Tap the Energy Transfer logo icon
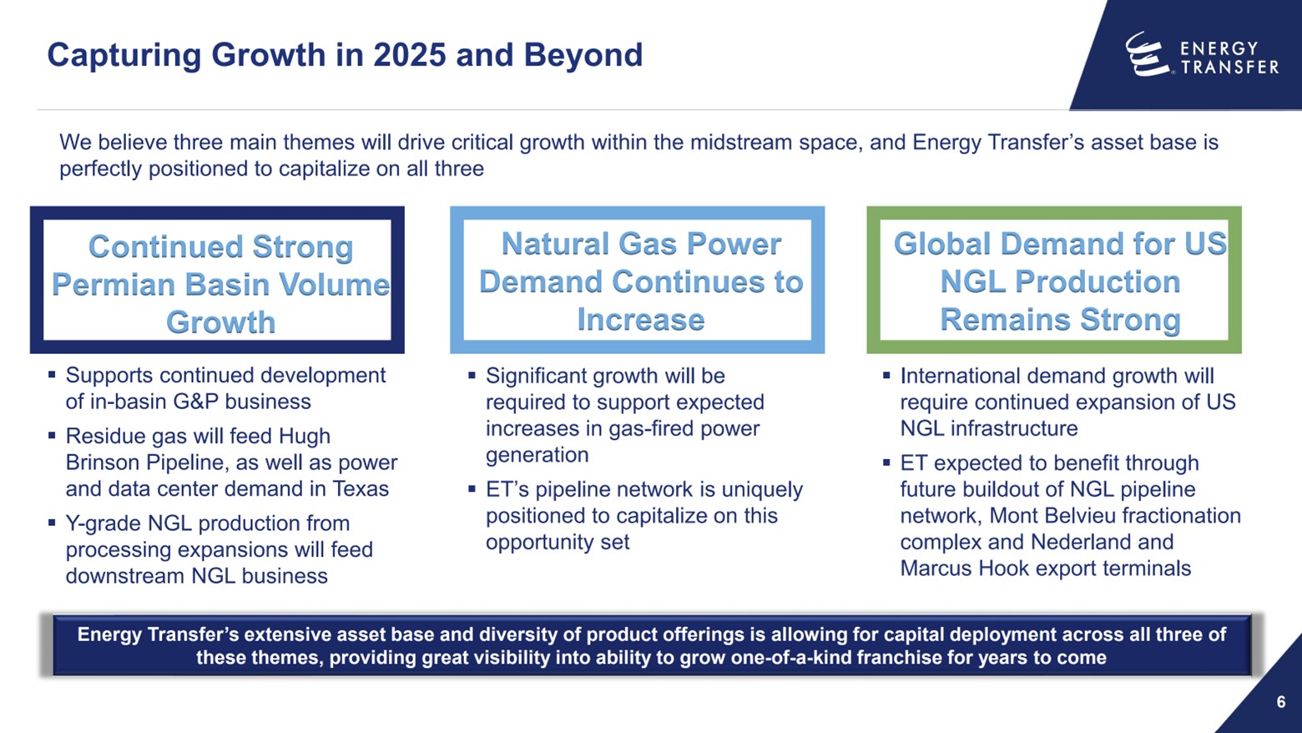pyautogui.click(x=1147, y=54)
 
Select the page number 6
pyautogui.click(x=1281, y=702)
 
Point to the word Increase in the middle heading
pyautogui.click(x=640, y=320)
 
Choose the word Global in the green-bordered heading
pyautogui.click(x=943, y=244)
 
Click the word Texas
pyautogui.click(x=361, y=488)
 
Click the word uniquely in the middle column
pyautogui.click(x=762, y=489)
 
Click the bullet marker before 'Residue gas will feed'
pyautogui.click(x=52, y=436)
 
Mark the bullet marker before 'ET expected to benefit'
pyautogui.click(x=886, y=463)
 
